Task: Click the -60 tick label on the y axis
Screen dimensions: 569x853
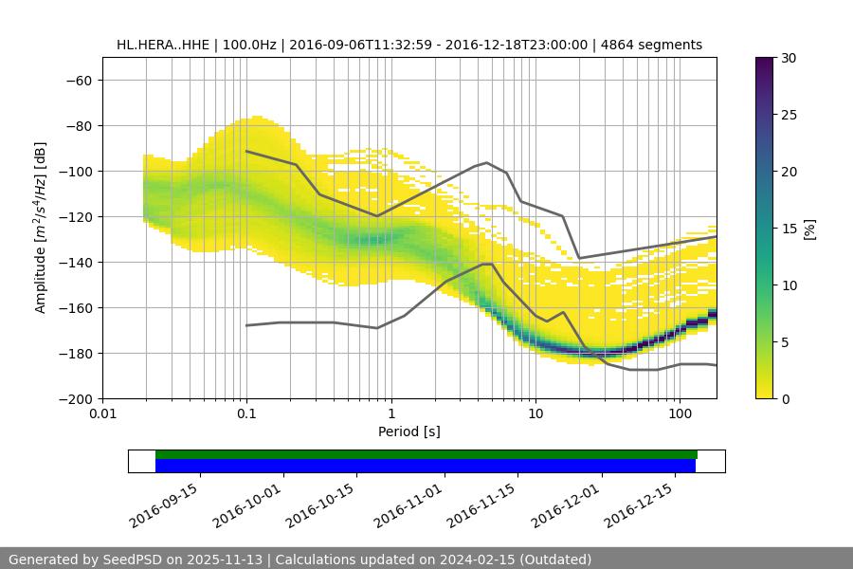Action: pos(78,80)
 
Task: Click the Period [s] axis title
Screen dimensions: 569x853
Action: pos(408,431)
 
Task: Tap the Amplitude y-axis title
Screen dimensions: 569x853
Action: pos(41,228)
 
